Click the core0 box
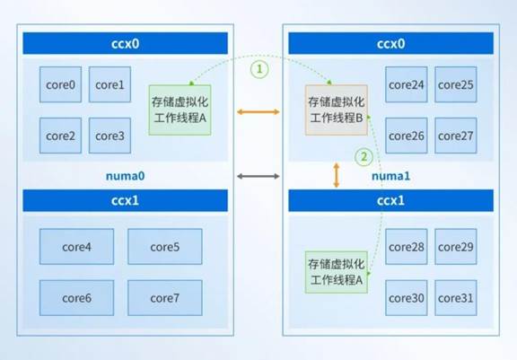click(60, 84)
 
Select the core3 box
click(110, 136)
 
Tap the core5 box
click(165, 247)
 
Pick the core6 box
click(77, 298)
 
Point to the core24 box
click(407, 84)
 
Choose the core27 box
click(456, 136)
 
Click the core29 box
click(456, 247)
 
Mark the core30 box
click(407, 298)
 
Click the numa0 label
click(126, 176)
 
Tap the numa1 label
click(391, 176)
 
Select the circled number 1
click(259, 69)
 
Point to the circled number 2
click(364, 157)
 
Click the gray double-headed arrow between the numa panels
click(258, 176)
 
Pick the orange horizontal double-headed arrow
click(258, 112)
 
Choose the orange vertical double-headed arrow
click(337, 175)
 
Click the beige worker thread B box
click(337, 110)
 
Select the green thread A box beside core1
click(180, 110)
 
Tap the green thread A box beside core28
click(337, 272)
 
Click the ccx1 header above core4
click(126, 200)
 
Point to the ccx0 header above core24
click(391, 43)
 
